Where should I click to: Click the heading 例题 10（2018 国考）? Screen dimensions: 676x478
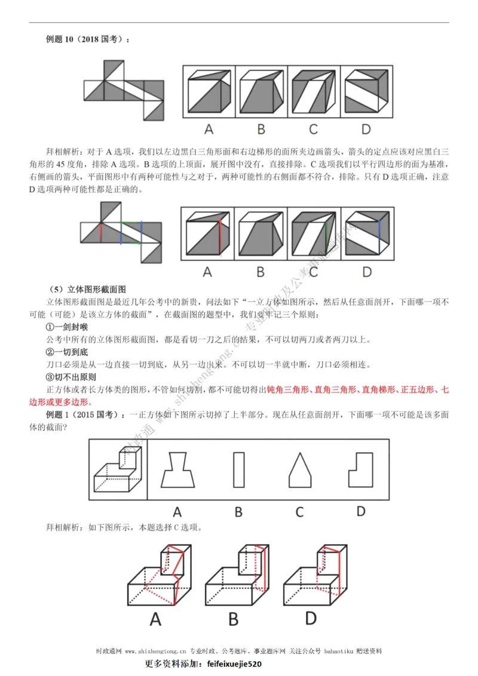87,39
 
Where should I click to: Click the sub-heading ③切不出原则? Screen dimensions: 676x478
71,377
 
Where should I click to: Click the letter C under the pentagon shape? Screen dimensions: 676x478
299,512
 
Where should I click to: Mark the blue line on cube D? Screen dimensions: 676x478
379,232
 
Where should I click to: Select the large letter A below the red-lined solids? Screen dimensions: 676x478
155,620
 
